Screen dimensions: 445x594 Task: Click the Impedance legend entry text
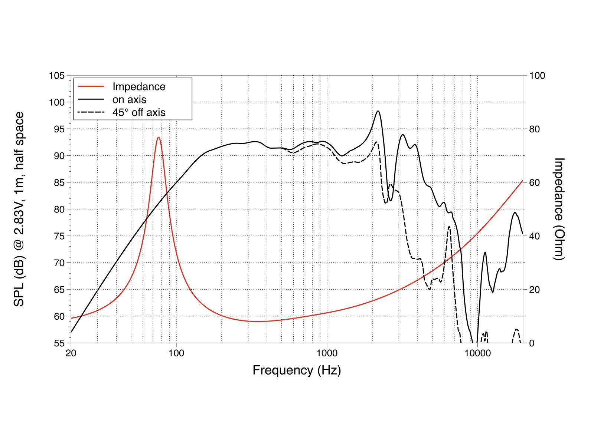(x=139, y=86)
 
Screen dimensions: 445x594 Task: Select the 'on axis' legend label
(x=129, y=99)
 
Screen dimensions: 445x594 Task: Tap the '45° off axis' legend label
(x=139, y=112)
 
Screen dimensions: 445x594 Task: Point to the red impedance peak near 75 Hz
(x=159, y=138)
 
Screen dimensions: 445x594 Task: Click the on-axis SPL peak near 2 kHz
(x=378, y=111)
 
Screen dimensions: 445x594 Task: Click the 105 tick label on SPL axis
(x=57, y=76)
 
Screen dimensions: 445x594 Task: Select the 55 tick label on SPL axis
(x=59, y=343)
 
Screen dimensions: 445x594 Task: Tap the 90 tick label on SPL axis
(x=59, y=156)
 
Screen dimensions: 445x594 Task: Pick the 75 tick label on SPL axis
(x=59, y=236)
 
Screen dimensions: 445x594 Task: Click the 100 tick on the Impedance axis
(x=537, y=76)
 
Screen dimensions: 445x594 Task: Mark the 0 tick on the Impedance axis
(x=532, y=343)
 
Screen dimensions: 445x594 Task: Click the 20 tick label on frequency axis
(x=71, y=353)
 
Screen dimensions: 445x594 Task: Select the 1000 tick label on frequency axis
(x=327, y=353)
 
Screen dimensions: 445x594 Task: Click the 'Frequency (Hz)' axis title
(x=297, y=370)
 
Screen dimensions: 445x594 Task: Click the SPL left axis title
(x=19, y=209)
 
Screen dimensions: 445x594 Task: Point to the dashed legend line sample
(x=91, y=112)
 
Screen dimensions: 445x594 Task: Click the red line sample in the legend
(x=91, y=86)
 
